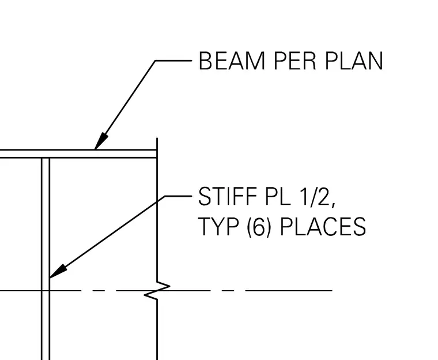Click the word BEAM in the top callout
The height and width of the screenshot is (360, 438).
[232, 61]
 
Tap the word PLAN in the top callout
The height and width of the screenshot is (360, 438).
[354, 61]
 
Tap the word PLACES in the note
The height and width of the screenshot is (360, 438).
[323, 227]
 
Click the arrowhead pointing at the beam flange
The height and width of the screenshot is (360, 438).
[100, 141]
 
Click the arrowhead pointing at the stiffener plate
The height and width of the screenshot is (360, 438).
[58, 271]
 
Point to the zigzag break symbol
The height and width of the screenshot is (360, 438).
[157, 291]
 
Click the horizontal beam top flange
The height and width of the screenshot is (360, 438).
[78, 154]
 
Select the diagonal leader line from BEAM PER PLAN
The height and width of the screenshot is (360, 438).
[125, 105]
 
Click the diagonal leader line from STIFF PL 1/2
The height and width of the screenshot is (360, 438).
[107, 237]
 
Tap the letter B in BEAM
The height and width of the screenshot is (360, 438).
[205, 61]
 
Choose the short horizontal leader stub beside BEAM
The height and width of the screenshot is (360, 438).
[173, 61]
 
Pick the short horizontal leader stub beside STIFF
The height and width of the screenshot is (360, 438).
[178, 196]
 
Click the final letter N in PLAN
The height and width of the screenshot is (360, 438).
[376, 61]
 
